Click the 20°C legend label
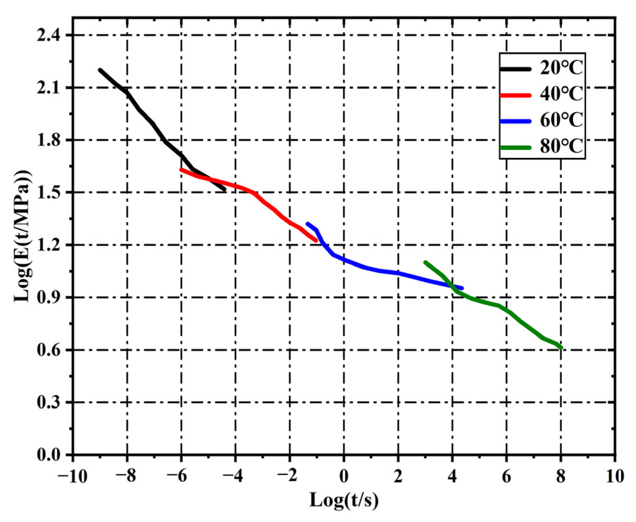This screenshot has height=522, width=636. point(561,68)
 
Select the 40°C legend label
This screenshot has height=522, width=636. point(561,94)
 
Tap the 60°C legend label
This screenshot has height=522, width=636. point(561,120)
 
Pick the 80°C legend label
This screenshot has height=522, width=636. point(561,147)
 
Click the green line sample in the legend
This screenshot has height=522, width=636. point(516,148)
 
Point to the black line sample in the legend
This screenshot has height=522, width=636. point(516,69)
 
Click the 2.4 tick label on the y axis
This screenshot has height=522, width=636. point(49,35)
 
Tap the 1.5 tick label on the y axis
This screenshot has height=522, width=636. point(49,193)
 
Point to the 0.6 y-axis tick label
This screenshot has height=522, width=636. point(49,350)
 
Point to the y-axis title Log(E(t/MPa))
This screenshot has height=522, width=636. point(23,236)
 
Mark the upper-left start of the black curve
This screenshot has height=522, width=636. point(100,70)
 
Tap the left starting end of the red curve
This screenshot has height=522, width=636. point(181,170)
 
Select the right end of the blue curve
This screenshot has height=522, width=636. point(462,288)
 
